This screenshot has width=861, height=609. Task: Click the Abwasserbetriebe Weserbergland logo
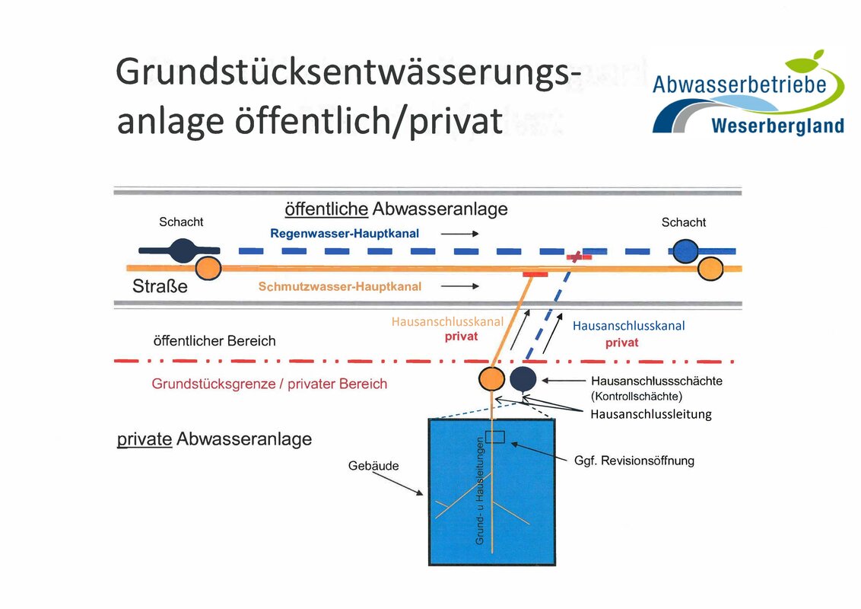[x=748, y=95]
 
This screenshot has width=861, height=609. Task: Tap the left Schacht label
[x=181, y=222]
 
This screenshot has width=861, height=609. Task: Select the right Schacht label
[x=683, y=222]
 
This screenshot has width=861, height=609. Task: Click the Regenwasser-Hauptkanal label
[x=345, y=234]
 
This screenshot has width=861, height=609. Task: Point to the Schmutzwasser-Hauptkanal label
[x=339, y=287]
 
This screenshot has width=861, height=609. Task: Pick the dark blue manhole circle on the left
[x=182, y=250]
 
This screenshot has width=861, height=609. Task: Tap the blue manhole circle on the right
[x=686, y=250]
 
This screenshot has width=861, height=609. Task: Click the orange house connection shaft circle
[x=491, y=378]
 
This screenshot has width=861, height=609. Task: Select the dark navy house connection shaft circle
[x=523, y=378]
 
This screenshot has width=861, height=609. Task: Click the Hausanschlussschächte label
[x=656, y=381]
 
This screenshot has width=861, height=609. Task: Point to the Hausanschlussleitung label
[x=651, y=414]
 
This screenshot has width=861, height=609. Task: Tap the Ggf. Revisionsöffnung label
[x=634, y=461]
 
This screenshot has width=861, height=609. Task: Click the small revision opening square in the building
[x=495, y=437]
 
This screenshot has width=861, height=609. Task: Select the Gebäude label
[x=373, y=465]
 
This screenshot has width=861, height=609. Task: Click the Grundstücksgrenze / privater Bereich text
[x=269, y=384]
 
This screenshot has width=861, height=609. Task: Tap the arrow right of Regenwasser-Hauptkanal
[x=460, y=234]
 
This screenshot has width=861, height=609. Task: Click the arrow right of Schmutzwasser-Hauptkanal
[x=460, y=286]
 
